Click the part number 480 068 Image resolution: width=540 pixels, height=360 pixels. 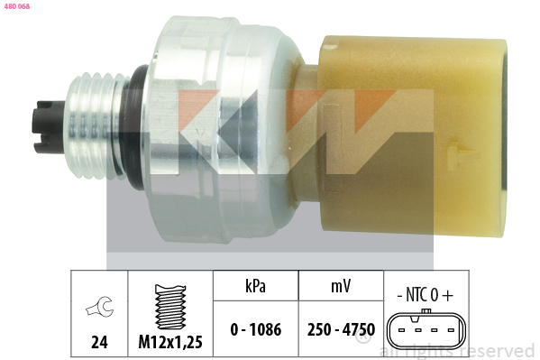point(17,6)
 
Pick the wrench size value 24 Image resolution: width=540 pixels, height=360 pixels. point(99,342)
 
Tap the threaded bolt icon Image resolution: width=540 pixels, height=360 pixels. point(170,306)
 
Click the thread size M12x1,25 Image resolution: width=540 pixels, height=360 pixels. point(170,342)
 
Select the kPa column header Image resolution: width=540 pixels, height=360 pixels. point(255,286)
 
